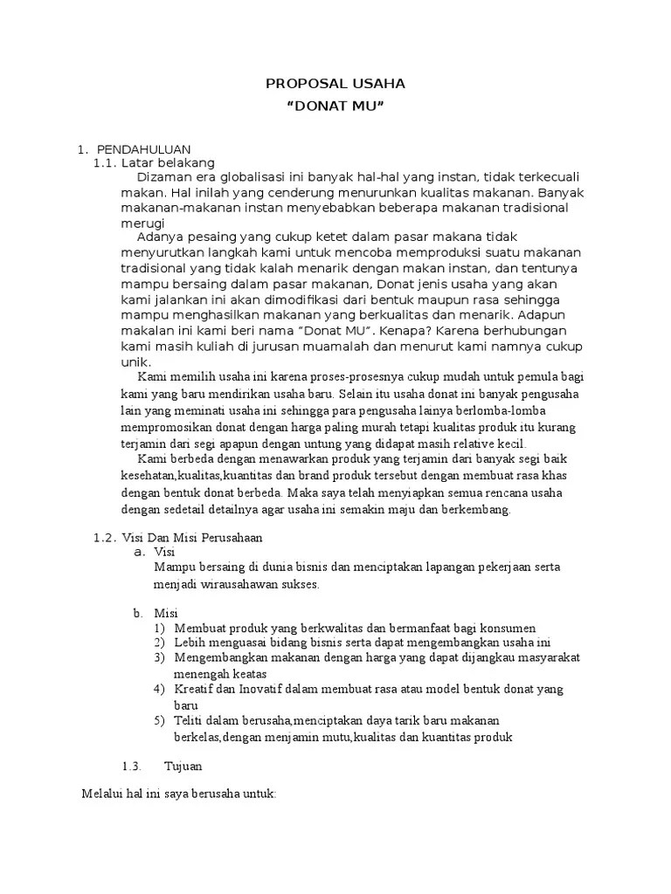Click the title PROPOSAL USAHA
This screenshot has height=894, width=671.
(335, 84)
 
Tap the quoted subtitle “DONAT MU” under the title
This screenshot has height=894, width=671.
(335, 107)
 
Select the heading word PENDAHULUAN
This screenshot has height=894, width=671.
(144, 150)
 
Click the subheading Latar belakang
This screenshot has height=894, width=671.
(168, 162)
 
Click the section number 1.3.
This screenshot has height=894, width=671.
(131, 766)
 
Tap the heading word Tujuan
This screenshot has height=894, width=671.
(183, 766)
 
